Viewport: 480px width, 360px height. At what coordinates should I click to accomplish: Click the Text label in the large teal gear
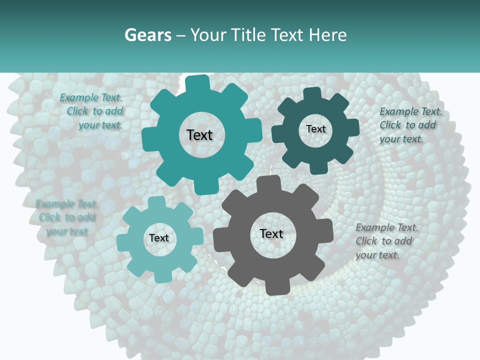pos(199,135)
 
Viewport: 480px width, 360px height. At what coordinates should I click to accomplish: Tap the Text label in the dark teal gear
pos(315,129)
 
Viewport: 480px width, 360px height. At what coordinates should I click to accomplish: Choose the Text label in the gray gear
pos(271,233)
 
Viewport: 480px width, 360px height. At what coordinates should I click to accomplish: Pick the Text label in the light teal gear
pos(159,238)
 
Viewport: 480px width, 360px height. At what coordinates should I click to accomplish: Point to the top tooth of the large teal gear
pos(197,82)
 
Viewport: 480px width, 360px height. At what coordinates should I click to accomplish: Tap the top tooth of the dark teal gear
pos(312,94)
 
